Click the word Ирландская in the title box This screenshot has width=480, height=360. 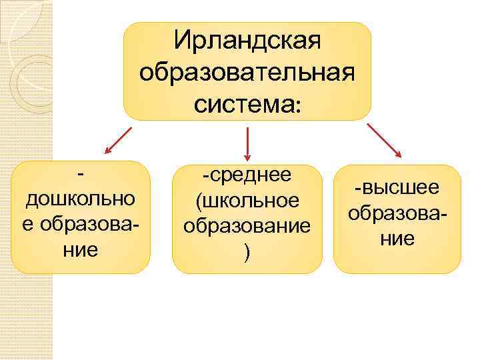[x=247, y=39]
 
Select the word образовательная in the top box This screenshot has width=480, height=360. [x=247, y=71]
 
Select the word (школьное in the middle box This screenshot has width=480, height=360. [x=247, y=200]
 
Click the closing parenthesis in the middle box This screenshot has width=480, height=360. [x=247, y=251]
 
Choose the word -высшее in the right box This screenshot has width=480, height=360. [x=397, y=188]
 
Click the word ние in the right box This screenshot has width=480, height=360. [x=397, y=238]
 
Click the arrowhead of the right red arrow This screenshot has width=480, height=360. [x=398, y=155]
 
